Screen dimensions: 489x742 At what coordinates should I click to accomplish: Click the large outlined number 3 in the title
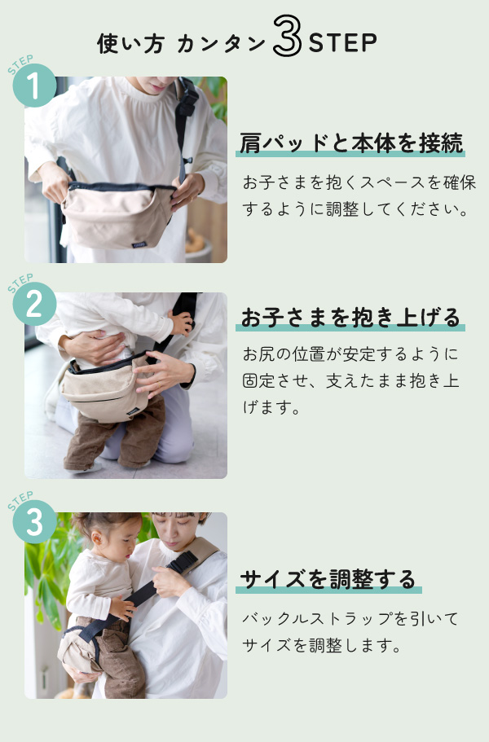click(x=288, y=36)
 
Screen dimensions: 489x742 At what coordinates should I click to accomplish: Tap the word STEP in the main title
click(x=343, y=43)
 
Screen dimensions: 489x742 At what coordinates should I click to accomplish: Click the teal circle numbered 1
click(x=34, y=86)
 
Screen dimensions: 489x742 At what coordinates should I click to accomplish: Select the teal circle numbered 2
click(x=34, y=304)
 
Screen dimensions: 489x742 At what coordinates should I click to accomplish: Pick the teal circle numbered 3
click(x=34, y=522)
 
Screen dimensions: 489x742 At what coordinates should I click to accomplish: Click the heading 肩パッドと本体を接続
click(x=350, y=143)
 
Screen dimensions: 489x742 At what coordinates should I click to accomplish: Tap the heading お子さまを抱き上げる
click(x=350, y=317)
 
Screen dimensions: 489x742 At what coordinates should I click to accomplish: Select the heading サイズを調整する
click(x=328, y=579)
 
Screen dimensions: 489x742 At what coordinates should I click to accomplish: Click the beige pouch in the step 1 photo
click(x=118, y=216)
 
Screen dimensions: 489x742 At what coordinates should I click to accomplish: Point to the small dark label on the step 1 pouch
click(x=139, y=245)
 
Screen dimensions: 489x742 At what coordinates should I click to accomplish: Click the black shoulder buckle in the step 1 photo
click(x=187, y=100)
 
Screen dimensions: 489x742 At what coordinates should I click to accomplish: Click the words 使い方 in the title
click(x=130, y=44)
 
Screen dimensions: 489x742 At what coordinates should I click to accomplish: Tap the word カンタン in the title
click(x=222, y=44)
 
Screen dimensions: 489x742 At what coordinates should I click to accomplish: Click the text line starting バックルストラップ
click(x=350, y=618)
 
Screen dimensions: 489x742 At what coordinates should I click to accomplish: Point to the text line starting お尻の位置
click(x=350, y=354)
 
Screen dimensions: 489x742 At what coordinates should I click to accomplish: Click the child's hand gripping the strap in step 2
click(x=181, y=323)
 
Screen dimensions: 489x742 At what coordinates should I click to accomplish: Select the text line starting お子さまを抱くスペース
click(x=359, y=182)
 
